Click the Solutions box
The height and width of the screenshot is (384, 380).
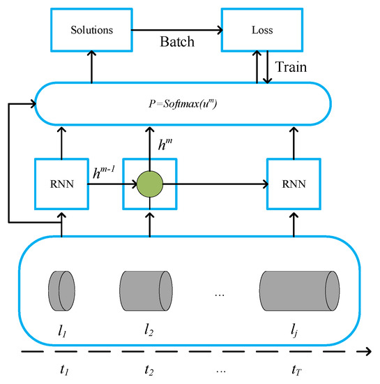(92, 31)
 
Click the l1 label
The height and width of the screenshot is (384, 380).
(63, 328)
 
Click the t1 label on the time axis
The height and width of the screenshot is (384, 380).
(63, 369)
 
